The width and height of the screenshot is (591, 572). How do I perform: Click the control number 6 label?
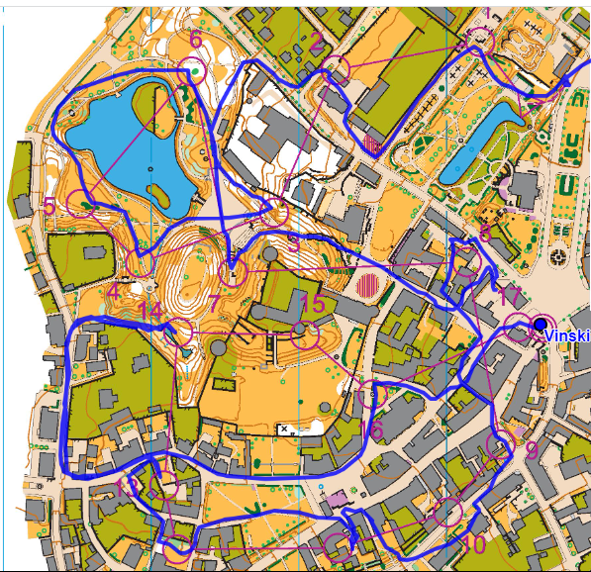[196, 40]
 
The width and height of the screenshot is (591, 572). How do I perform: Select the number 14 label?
[150, 312]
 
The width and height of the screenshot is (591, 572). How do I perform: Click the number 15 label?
[312, 303]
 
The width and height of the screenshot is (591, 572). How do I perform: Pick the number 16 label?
[373, 429]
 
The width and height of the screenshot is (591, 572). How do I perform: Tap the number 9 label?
[532, 450]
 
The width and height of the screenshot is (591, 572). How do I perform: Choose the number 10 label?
[474, 543]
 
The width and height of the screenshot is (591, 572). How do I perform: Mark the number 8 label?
[485, 235]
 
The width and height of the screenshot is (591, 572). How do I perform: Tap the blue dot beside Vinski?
[540, 324]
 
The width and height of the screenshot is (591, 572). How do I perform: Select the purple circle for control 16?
[371, 394]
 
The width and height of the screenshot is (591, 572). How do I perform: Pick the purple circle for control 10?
[448, 512]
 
